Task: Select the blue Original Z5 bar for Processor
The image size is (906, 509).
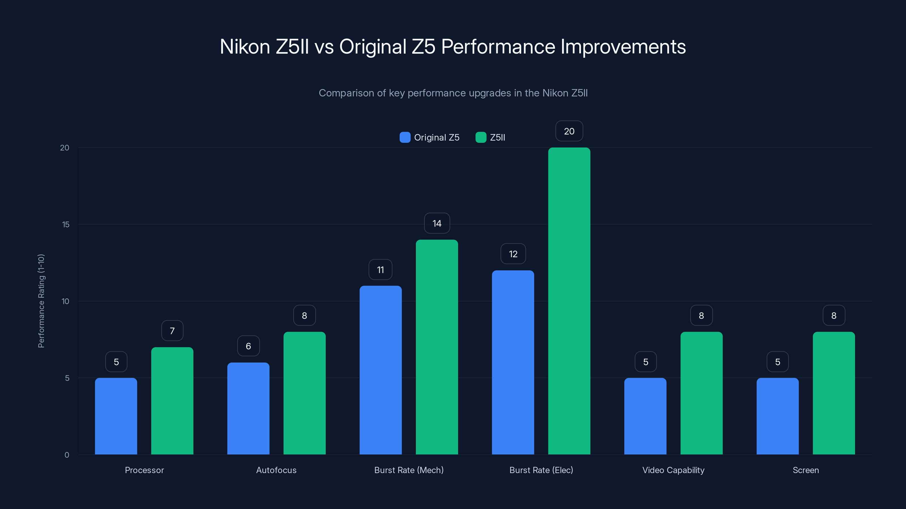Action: click(116, 416)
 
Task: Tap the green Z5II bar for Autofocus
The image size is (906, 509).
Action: click(305, 393)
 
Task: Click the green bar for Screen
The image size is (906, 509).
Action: click(834, 393)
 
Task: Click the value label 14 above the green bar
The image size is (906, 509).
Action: click(437, 223)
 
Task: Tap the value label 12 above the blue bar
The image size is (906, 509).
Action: click(513, 254)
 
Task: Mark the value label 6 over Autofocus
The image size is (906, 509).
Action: click(248, 346)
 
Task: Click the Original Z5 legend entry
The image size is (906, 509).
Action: click(430, 137)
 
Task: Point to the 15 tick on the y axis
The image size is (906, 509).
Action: click(66, 225)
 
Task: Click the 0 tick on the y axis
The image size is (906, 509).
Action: click(67, 455)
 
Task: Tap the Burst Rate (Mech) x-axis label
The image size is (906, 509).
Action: click(409, 470)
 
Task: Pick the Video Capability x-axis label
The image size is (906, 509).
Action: click(673, 470)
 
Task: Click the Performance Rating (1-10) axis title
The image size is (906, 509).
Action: click(41, 301)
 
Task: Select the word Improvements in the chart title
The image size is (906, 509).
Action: click(623, 47)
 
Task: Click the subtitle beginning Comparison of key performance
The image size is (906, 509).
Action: click(453, 93)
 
